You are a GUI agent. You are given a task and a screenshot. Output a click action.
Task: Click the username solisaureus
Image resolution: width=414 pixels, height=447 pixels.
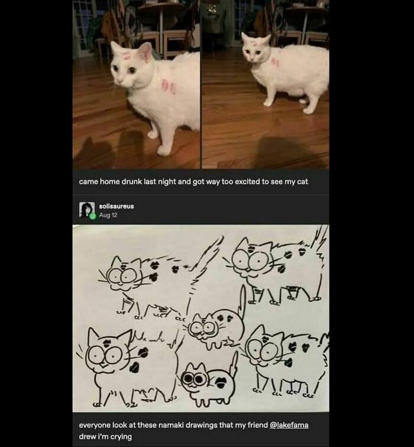[116, 206]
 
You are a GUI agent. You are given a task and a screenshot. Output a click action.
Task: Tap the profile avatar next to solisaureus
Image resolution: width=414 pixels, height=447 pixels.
[87, 210]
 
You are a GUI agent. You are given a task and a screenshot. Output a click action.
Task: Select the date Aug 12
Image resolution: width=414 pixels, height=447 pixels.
[108, 214]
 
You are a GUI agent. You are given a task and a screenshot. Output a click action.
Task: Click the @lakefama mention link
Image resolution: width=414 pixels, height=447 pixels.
[289, 425]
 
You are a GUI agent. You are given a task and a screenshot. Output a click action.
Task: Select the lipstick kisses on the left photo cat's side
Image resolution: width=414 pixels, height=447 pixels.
[168, 86]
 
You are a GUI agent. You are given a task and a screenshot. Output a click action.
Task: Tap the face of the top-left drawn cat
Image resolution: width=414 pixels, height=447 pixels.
[124, 276]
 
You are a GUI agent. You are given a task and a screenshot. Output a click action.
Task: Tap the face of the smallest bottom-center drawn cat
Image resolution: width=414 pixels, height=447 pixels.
[195, 379]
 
